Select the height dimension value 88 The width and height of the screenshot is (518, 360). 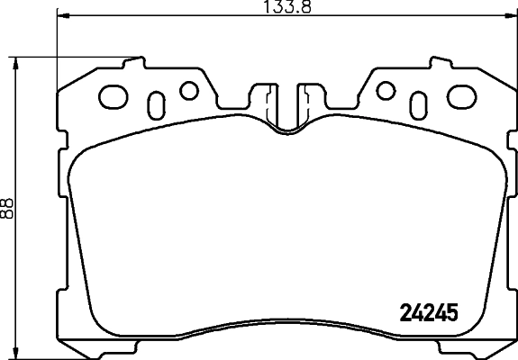[8, 208]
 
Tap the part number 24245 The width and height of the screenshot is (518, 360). [429, 312]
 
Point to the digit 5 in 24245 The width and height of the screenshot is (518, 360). [453, 312]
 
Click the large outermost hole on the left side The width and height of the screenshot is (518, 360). [114, 95]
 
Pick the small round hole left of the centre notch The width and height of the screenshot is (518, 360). [188, 90]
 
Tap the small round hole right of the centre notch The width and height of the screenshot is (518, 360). [385, 90]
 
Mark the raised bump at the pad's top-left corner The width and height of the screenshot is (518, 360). [135, 63]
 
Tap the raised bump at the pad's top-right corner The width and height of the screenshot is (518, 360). [439, 63]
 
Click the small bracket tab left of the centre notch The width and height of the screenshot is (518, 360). [266, 94]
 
